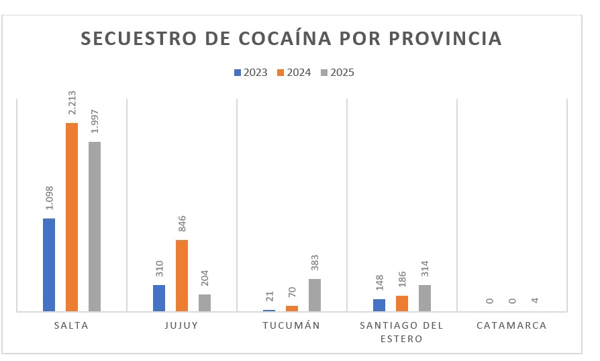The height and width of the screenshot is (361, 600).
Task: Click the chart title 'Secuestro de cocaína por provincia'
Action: coord(291,38)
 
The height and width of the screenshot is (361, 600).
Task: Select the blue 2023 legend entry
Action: coord(250,73)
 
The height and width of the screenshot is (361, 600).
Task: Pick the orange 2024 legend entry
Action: coord(295,73)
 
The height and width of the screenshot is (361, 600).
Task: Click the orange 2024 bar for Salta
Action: coord(72,217)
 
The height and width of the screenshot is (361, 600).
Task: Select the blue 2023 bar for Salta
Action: coord(49,265)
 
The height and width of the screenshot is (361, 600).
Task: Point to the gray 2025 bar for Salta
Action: coord(94,227)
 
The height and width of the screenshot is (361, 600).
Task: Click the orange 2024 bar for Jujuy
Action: coord(182,276)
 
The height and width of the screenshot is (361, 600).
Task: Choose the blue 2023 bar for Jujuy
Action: coord(159,298)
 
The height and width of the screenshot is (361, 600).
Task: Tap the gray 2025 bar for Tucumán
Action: coord(314,295)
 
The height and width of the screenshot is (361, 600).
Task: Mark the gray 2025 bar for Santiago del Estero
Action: coord(424,298)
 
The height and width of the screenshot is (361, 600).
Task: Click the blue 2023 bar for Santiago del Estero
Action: coord(379,305)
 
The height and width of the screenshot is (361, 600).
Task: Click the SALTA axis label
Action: coord(72,325)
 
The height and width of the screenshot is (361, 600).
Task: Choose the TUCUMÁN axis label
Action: coord(291,325)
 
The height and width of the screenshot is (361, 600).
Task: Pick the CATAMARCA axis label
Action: coord(511,325)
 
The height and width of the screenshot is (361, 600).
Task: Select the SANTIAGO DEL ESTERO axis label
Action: coord(401,332)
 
